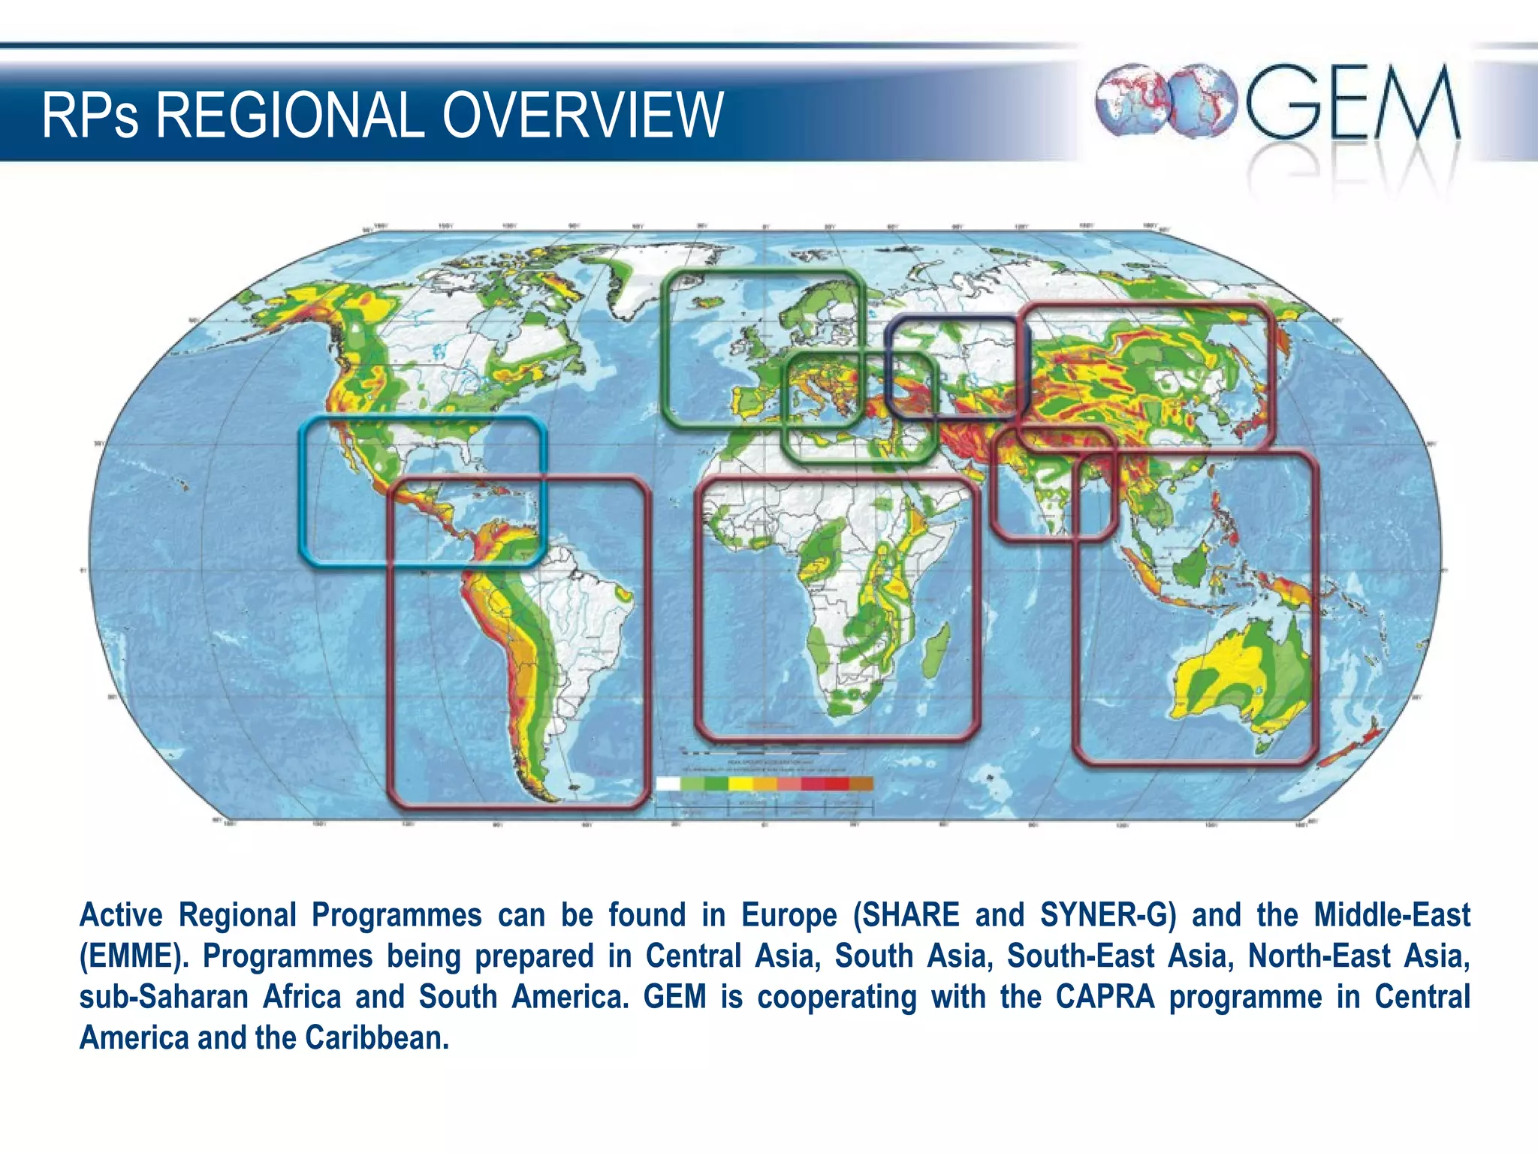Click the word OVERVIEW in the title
tap(582, 116)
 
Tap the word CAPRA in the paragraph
tap(1105, 997)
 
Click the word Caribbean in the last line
tap(376, 1038)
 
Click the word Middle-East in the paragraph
tap(1392, 915)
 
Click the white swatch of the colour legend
tap(668, 784)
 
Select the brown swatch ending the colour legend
tap(861, 784)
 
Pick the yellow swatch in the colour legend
tap(740, 784)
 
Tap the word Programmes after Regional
tap(397, 915)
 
